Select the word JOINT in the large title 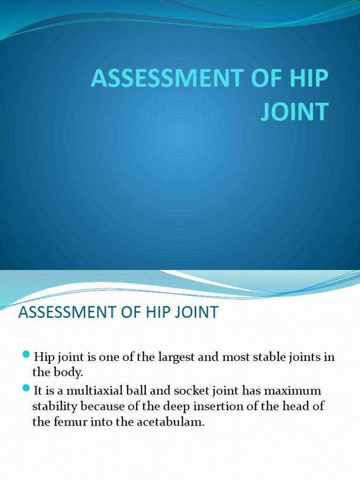(x=295, y=112)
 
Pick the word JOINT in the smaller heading (x=198, y=312)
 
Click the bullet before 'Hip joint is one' (x=26, y=353)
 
